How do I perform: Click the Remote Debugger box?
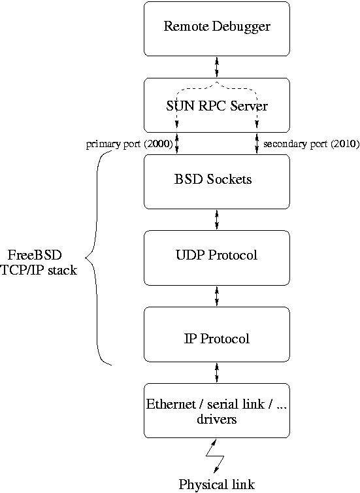click(216, 28)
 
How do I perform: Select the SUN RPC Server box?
click(216, 105)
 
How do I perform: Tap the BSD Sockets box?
click(216, 180)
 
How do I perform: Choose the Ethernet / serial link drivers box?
click(216, 410)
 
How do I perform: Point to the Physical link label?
click(216, 484)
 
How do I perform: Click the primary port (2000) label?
click(129, 144)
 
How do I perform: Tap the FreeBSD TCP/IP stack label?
click(39, 262)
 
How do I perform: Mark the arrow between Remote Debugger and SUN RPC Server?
click(216, 67)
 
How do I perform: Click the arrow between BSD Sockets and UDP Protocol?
click(216, 219)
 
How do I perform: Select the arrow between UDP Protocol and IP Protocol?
click(216, 296)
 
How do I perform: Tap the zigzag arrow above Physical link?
click(215, 456)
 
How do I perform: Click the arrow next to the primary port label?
click(177, 143)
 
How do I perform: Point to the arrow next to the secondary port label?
click(257, 143)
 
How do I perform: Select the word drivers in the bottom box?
click(216, 419)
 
